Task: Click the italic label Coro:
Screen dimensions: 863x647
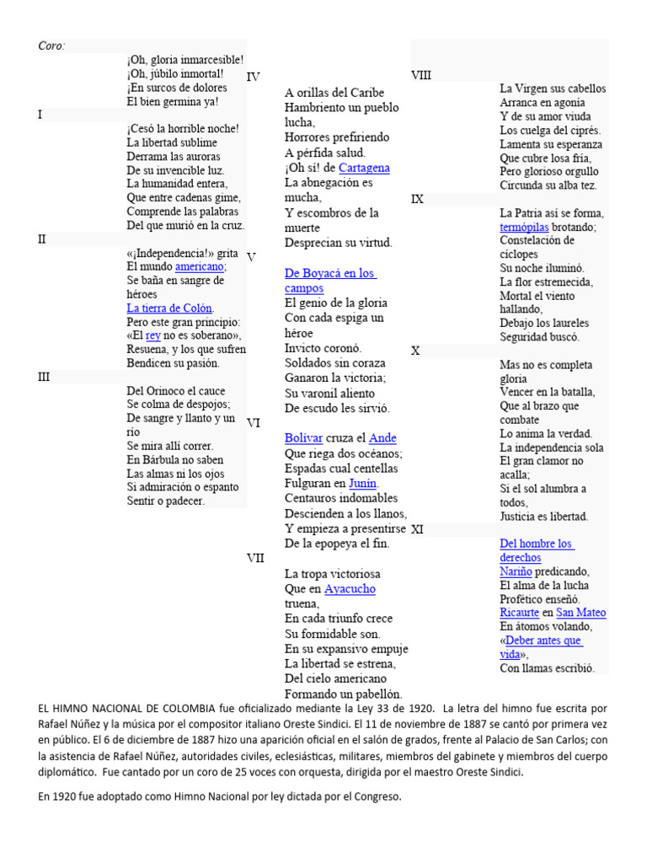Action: coord(51,46)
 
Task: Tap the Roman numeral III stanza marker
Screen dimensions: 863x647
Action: coord(45,377)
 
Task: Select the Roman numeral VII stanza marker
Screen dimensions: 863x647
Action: coord(255,558)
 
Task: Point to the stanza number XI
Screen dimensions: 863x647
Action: coord(417,529)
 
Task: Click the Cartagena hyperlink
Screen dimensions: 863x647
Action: coord(364,168)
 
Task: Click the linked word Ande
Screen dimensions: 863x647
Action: coord(382,437)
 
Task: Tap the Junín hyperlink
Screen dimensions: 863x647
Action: coord(363,483)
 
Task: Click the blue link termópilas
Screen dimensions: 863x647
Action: coord(524,228)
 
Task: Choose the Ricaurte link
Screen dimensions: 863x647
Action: coord(519,613)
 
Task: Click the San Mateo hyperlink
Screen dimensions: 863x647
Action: coord(581,613)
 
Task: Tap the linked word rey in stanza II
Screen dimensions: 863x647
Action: coord(152,335)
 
